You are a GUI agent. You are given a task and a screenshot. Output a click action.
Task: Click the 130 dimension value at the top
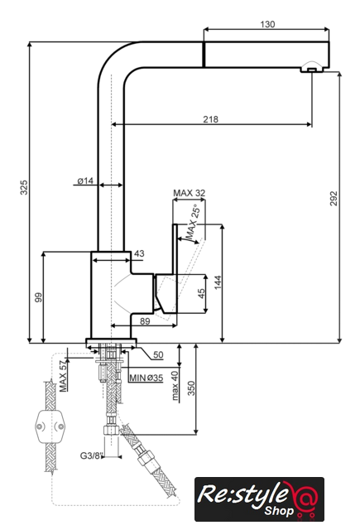tap(267, 24)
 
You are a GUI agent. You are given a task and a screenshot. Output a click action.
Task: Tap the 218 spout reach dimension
tap(211, 119)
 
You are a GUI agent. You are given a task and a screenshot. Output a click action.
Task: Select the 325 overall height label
tap(24, 188)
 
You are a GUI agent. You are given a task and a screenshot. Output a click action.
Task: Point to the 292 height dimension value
tap(334, 199)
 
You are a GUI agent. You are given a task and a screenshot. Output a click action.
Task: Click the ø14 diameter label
tap(85, 181)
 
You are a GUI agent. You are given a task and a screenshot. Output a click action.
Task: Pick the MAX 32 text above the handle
tap(190, 193)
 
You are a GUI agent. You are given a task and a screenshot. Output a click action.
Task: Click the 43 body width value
tap(139, 253)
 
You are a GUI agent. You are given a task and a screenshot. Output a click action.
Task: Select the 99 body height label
tap(39, 297)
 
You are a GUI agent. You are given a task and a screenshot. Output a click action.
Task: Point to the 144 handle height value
tap(218, 282)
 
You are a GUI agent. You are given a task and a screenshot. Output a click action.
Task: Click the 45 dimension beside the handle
tap(201, 293)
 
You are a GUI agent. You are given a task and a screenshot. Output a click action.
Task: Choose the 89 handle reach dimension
tap(145, 321)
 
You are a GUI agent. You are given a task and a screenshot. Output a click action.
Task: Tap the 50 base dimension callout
tap(158, 355)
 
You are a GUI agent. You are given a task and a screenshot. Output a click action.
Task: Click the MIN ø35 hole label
tap(146, 378)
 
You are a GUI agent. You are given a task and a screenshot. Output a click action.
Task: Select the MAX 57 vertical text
tap(63, 376)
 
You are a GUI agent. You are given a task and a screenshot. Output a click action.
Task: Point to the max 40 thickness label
tap(175, 386)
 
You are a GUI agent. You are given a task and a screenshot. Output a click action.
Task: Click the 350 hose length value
tap(191, 388)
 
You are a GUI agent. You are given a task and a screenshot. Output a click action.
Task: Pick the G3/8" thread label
tap(91, 455)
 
